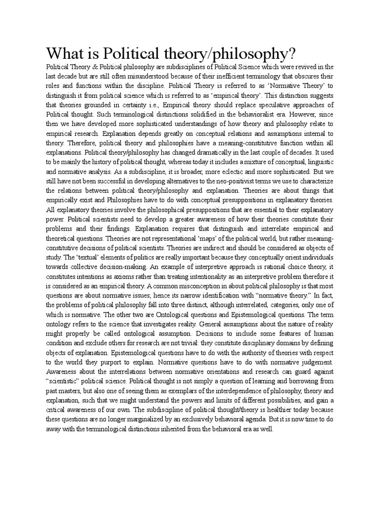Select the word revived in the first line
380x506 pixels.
[305, 66]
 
